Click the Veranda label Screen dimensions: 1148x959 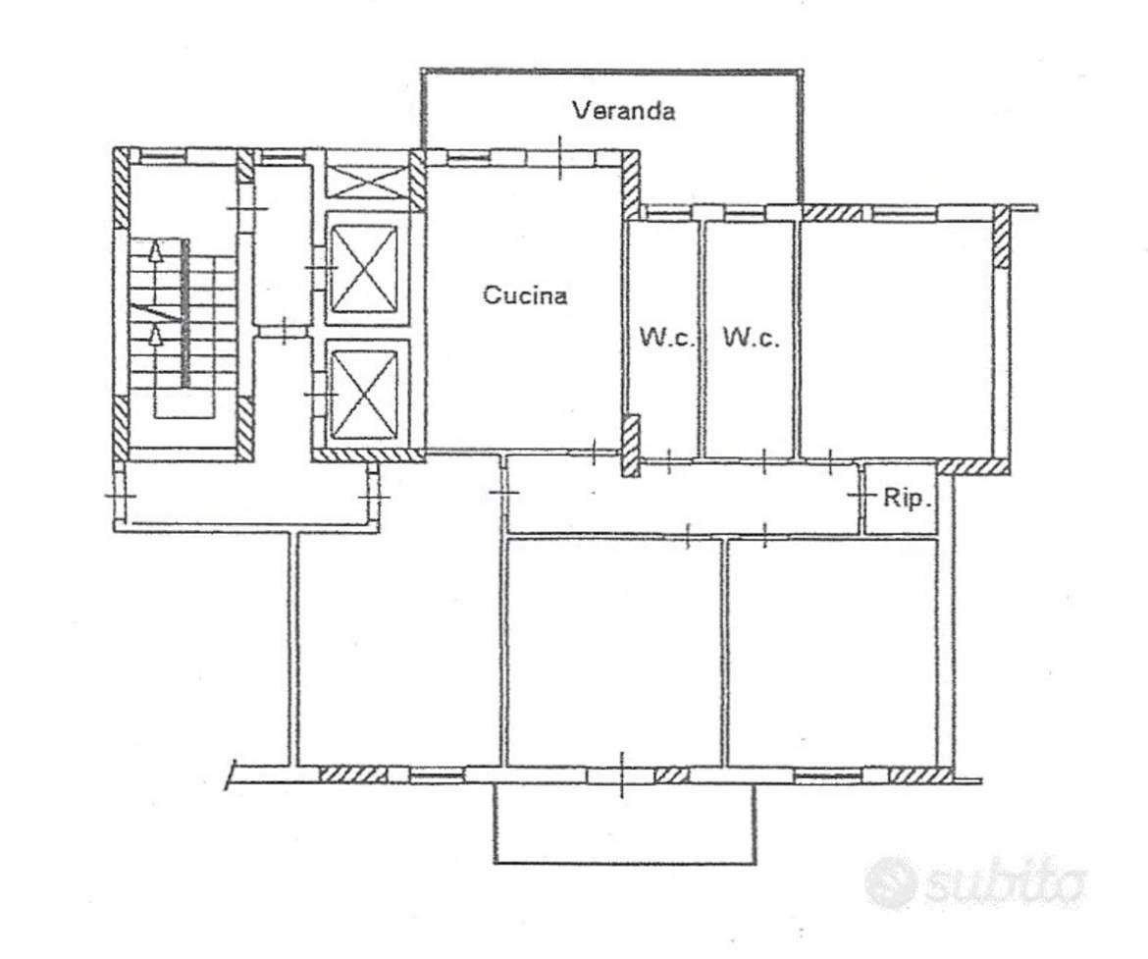click(x=624, y=111)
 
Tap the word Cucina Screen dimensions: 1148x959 click(x=525, y=295)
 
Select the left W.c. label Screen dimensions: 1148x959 click(x=666, y=338)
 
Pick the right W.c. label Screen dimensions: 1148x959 click(x=752, y=338)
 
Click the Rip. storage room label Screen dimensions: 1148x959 click(x=908, y=499)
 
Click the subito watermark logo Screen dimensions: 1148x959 click(x=974, y=883)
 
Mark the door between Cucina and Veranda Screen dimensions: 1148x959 click(x=559, y=157)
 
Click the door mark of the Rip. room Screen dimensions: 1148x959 click(x=861, y=496)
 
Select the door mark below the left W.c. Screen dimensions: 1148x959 click(x=669, y=460)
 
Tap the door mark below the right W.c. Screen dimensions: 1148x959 click(x=763, y=460)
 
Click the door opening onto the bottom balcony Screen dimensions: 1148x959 click(x=621, y=775)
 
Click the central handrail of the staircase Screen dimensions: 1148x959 click(x=186, y=313)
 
